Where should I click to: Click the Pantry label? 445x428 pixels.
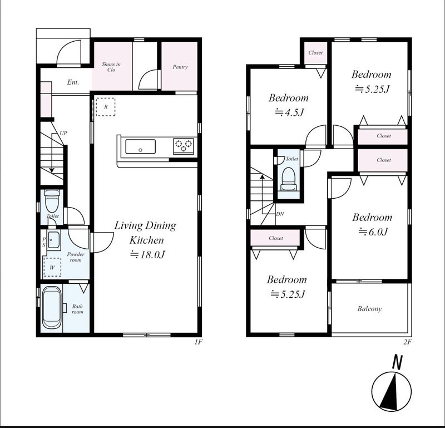click(180, 67)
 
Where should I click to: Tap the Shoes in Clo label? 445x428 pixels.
click(111, 67)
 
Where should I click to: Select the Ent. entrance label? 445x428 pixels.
click(73, 82)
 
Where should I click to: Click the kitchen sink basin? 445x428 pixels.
click(141, 146)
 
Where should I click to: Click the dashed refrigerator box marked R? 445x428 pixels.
click(106, 107)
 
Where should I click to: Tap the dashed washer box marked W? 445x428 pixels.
click(52, 267)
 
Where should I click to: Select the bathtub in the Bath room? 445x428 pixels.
click(52, 308)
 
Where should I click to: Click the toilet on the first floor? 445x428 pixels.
click(52, 201)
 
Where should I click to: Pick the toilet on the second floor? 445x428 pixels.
click(288, 179)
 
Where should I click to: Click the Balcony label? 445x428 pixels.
click(369, 309)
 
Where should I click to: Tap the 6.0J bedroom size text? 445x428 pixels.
click(373, 232)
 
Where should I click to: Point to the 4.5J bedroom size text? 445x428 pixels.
click(290, 113)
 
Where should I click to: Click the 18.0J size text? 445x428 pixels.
click(147, 254)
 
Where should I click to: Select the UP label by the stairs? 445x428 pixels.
click(63, 133)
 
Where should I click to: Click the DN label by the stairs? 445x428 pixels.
click(280, 214)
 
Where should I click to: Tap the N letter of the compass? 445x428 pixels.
click(398, 362)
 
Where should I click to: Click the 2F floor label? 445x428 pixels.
click(408, 342)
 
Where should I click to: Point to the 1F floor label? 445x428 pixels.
click(198, 342)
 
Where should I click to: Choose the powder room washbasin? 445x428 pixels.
click(53, 240)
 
